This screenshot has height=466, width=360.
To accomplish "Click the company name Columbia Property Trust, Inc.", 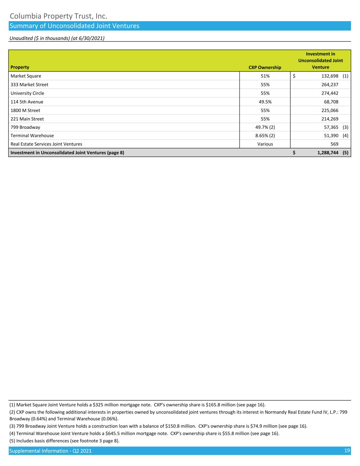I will click(59, 16).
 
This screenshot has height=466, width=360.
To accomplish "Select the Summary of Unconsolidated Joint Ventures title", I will click(74, 26).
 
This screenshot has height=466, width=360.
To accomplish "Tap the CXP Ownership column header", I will click(265, 67).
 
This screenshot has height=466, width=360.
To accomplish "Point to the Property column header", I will click(20, 67).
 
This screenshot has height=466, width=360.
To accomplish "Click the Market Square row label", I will click(26, 76).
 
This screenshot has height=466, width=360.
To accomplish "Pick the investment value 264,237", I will click(330, 85).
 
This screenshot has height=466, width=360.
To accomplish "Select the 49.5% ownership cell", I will click(265, 102).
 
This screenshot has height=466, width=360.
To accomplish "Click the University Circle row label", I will click(27, 93).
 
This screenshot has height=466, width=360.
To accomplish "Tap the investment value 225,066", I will click(330, 110).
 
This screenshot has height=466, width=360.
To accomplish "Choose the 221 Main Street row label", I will click(27, 119).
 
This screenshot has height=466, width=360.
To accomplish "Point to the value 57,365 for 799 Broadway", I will click(331, 127).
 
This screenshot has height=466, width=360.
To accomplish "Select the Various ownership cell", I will click(265, 144).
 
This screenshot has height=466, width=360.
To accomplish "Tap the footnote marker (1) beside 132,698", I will click(345, 76).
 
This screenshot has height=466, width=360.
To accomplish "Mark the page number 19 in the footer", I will click(347, 451).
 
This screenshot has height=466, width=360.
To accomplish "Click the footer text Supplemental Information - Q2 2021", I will click(51, 451).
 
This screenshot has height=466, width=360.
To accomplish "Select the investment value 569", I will click(334, 144).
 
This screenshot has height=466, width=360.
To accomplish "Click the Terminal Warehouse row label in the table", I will click(32, 136).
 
